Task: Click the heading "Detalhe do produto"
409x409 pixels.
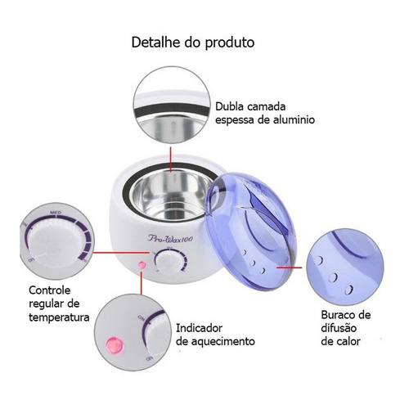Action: (x=193, y=43)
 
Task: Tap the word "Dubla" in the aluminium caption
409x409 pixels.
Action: (x=229, y=106)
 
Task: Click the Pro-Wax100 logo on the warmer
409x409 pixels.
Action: (x=170, y=238)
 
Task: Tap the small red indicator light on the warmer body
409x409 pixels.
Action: (x=142, y=265)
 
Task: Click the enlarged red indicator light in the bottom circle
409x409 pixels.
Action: (x=115, y=344)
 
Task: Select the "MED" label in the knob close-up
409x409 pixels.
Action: (x=56, y=213)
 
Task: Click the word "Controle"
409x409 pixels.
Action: (x=50, y=290)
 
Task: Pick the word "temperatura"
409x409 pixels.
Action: (x=59, y=317)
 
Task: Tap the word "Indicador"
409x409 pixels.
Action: (x=199, y=328)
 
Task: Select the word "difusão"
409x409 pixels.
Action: (x=339, y=328)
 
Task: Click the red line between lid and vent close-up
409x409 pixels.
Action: (x=290, y=267)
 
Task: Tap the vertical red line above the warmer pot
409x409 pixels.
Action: (x=171, y=160)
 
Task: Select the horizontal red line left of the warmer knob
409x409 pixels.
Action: (x=121, y=253)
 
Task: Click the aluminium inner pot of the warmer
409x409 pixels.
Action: (x=171, y=195)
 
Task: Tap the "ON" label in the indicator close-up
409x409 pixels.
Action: (x=142, y=317)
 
